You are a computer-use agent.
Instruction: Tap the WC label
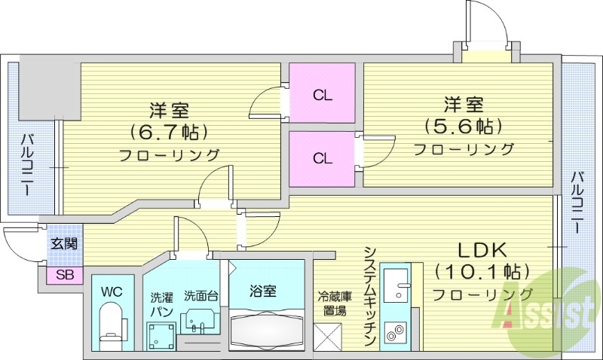point(112,290)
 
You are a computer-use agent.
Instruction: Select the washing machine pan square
point(161,335)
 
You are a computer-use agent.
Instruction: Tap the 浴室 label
point(267,289)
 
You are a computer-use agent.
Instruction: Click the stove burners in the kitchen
point(394,330)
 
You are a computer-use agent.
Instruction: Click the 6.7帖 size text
point(168,133)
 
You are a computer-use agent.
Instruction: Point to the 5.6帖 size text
point(463,126)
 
